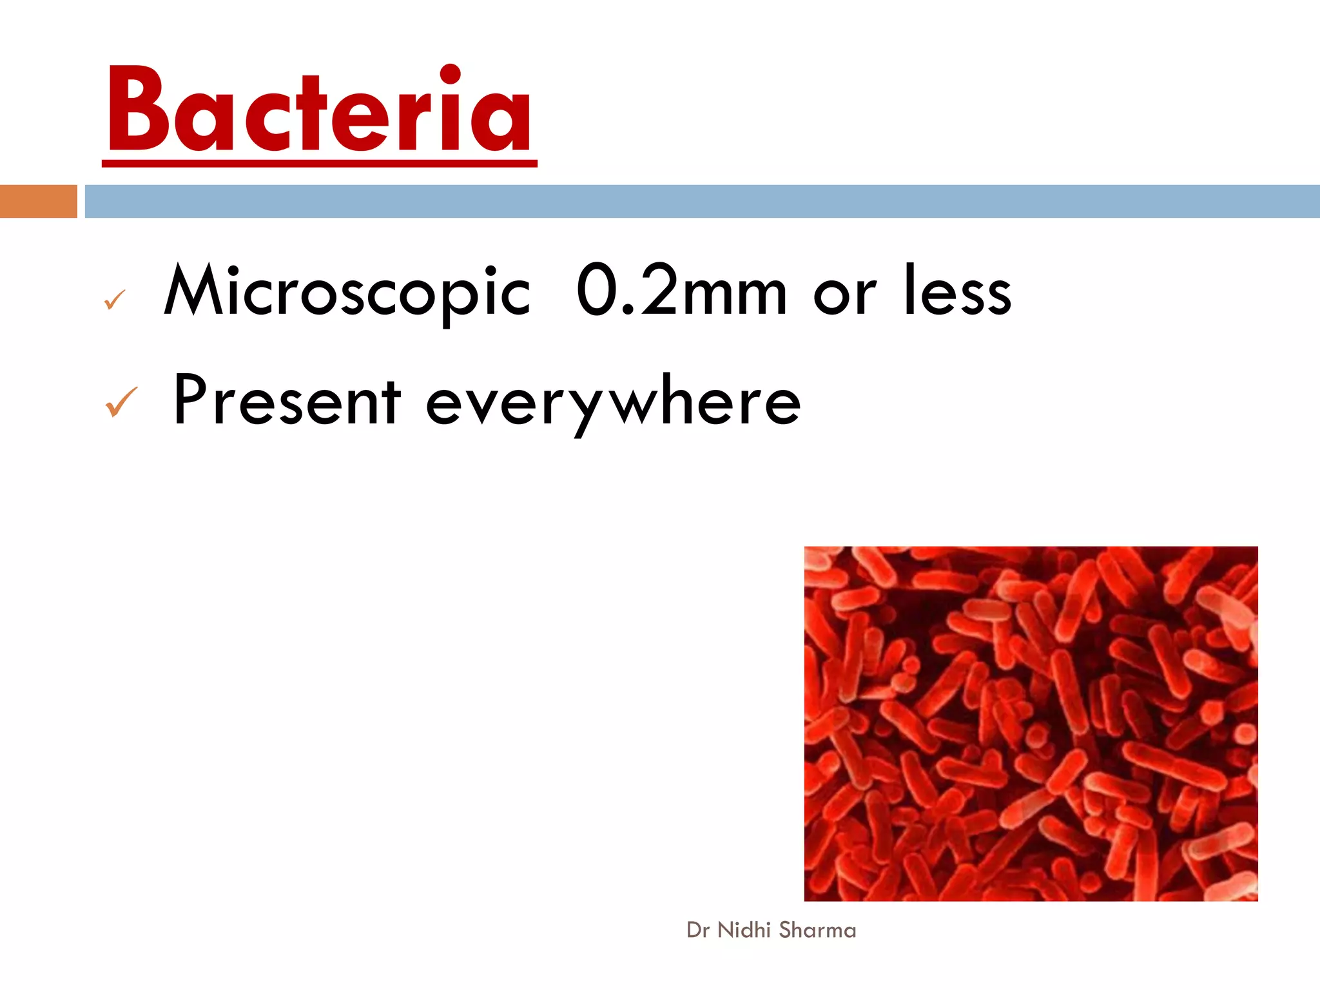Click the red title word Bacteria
[x=319, y=110]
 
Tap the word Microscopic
[x=347, y=291]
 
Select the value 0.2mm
[x=681, y=291]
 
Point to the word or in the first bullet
[x=845, y=296]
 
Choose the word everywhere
[x=613, y=403]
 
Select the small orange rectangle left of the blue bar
[x=38, y=201]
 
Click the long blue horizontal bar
[x=702, y=201]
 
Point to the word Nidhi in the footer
[x=744, y=930]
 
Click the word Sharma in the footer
[x=817, y=930]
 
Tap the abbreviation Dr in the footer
[x=697, y=930]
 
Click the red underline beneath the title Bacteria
[x=319, y=164]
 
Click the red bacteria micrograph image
[x=1031, y=723]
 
